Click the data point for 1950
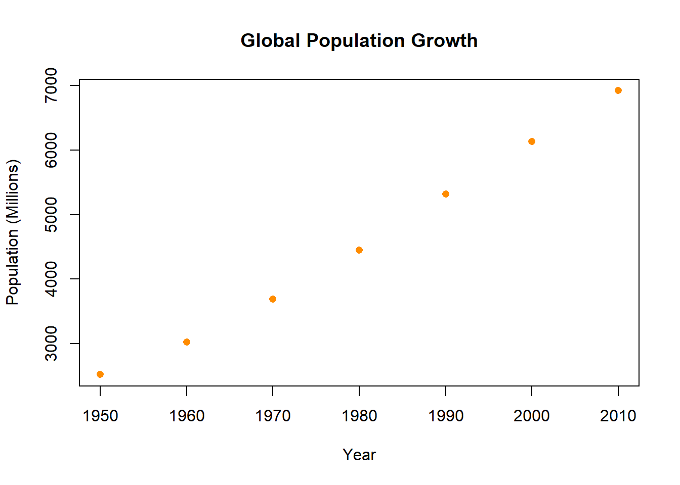point(100,374)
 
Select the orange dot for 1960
point(187,342)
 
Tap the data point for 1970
point(273,299)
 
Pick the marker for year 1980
point(359,250)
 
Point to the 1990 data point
point(446,194)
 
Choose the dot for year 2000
point(532,141)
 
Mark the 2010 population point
point(618,90)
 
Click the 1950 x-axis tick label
point(100,416)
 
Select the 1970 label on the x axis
point(273,416)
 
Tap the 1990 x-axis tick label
point(446,416)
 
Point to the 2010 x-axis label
point(618,416)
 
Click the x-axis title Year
point(359,455)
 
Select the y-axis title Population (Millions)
point(13,232)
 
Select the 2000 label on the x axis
point(532,416)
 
